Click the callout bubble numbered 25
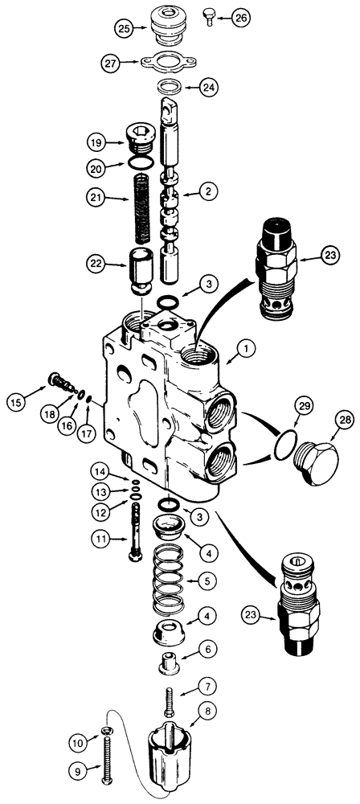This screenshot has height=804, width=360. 124,29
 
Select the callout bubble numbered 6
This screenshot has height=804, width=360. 207,647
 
